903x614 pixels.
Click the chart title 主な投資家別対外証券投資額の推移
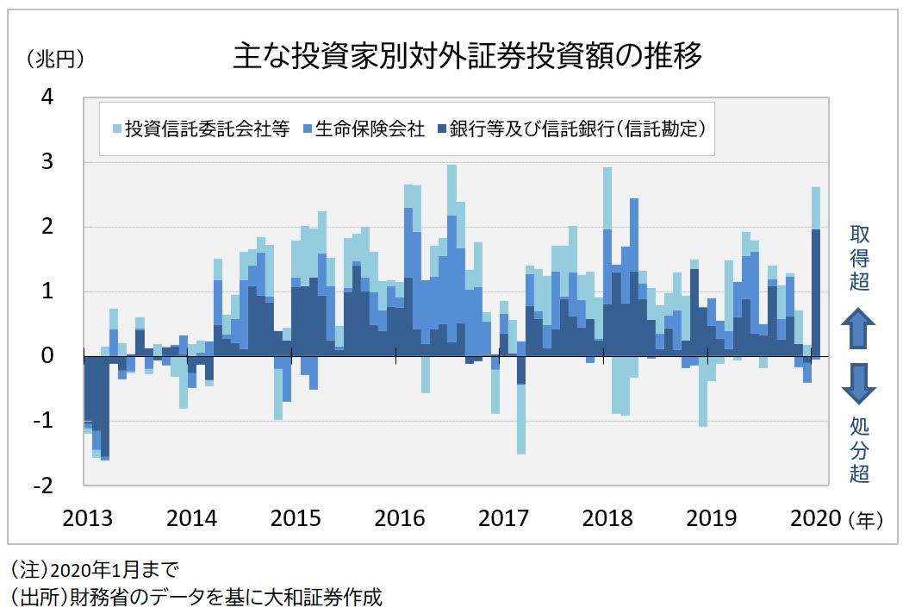click(467, 56)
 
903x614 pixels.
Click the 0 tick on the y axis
click(47, 356)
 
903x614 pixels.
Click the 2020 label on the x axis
click(814, 518)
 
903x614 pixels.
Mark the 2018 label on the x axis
click(607, 518)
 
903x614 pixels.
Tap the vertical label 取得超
click(859, 257)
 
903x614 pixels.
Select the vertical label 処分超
click(859, 448)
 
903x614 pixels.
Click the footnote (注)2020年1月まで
click(94, 569)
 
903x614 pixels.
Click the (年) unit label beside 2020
click(863, 519)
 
